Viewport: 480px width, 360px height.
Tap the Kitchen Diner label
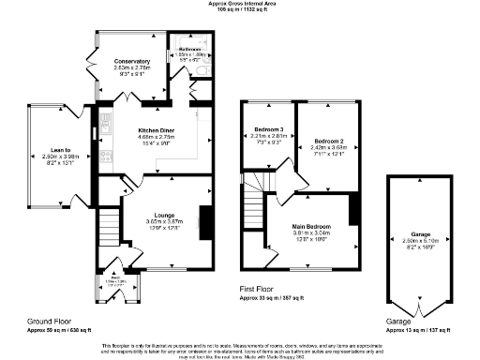pos(154,129)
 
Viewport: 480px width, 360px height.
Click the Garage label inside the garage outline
pos(420,232)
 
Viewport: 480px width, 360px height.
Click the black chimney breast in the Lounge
pos(205,223)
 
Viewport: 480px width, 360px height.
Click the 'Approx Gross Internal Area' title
pos(239,4)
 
